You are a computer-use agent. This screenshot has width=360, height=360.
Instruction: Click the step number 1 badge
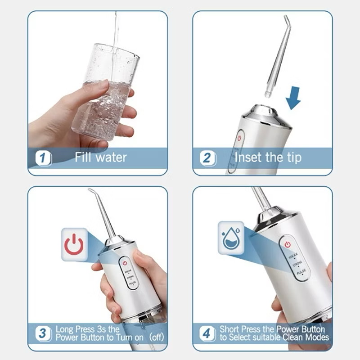click(x=44, y=158)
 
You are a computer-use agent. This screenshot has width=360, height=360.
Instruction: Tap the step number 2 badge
click(x=207, y=158)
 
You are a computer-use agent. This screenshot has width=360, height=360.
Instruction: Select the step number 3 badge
click(x=44, y=334)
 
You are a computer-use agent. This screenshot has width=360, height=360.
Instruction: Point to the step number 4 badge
click(x=207, y=334)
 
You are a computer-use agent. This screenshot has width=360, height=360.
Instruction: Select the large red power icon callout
click(x=74, y=245)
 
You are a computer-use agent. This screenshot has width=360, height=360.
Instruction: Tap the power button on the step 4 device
click(x=288, y=244)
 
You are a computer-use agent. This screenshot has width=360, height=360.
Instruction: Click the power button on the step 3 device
click(x=126, y=263)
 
